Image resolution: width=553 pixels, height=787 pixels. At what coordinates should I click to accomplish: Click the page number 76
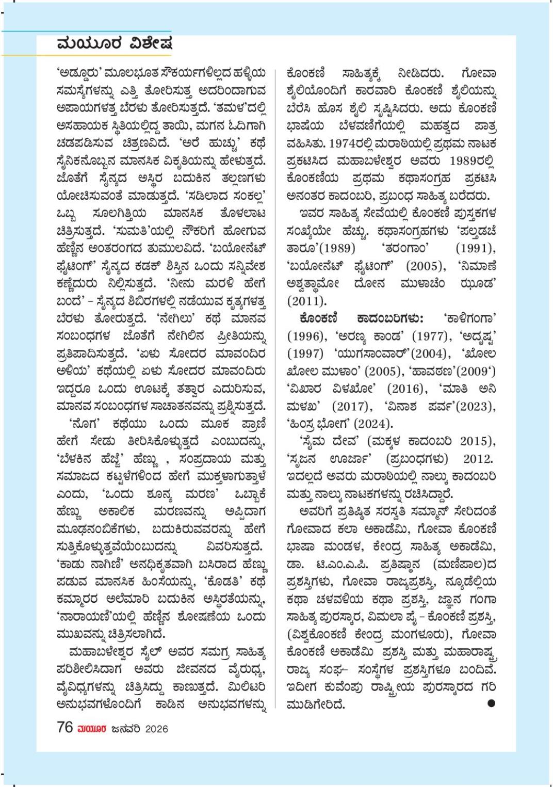pyautogui.click(x=65, y=728)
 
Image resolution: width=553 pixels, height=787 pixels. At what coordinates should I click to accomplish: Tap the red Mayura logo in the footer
pyautogui.click(x=92, y=729)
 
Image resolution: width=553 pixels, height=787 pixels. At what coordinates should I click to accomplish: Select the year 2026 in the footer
pyautogui.click(x=156, y=729)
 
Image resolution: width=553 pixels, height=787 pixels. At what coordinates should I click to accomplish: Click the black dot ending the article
pyautogui.click(x=491, y=702)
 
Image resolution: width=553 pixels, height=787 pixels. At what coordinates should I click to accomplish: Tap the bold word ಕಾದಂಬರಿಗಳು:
pyautogui.click(x=389, y=318)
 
